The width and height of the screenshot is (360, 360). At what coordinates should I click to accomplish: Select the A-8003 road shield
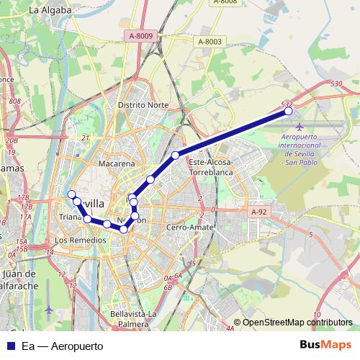[210, 42]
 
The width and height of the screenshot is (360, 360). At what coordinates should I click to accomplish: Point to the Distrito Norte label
[143, 104]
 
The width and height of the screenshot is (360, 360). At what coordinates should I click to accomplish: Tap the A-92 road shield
[259, 212]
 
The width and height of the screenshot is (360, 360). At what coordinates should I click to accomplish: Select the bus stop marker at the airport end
[289, 111]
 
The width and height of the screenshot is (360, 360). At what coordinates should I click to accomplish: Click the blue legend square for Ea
[10, 346]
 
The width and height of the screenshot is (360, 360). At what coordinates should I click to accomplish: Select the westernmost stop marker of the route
[71, 194]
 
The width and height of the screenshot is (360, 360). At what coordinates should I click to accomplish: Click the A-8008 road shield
[225, 2]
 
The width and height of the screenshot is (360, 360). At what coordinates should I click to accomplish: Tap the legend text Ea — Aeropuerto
[63, 346]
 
